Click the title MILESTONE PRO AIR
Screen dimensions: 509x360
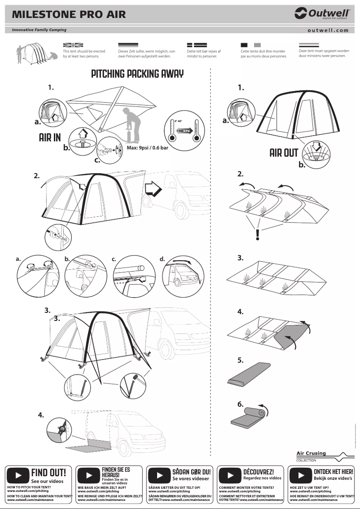(x=69, y=14)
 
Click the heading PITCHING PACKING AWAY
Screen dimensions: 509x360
(x=137, y=74)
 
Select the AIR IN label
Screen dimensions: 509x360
(x=50, y=137)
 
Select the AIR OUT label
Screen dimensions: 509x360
(x=284, y=153)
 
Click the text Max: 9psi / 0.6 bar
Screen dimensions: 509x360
(x=147, y=148)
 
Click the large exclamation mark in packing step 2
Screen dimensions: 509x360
(x=257, y=234)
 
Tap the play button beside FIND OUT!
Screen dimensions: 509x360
(x=18, y=475)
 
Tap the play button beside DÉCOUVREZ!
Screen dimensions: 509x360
(x=230, y=475)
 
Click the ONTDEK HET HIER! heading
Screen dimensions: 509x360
(x=333, y=472)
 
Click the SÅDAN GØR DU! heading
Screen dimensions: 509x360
(x=191, y=472)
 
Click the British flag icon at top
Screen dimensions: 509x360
(x=73, y=45)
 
